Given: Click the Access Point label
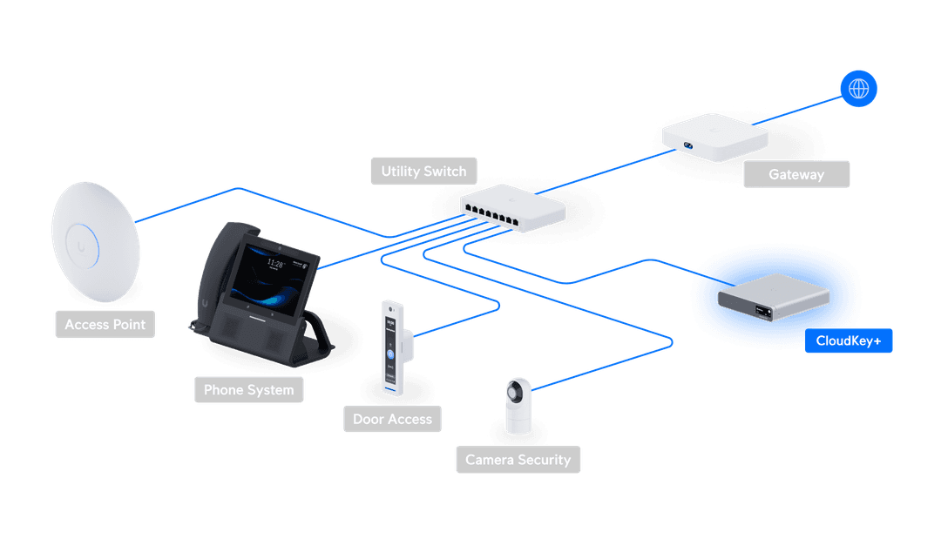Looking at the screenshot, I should [105, 325].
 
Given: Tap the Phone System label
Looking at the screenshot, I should [248, 390].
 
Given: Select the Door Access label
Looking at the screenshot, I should [392, 419].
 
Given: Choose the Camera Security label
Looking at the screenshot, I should [518, 460].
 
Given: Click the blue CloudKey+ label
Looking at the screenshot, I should [849, 340].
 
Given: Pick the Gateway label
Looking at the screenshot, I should [795, 174].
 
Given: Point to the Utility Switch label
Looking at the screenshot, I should [423, 172].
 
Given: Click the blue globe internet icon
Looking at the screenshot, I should [858, 88].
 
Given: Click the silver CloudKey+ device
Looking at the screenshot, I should [772, 294].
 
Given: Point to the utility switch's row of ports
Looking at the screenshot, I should [493, 212].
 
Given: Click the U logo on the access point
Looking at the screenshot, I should [83, 246].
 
